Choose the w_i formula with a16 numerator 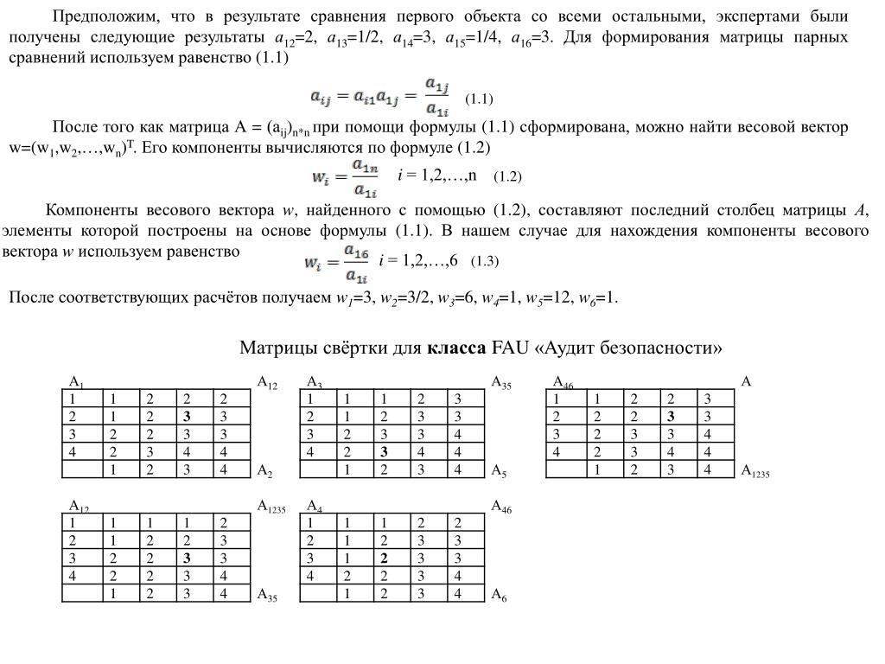point(339,261)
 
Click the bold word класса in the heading point(455,348)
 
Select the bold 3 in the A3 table point(383,452)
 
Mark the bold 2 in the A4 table point(383,559)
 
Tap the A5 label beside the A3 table point(499,471)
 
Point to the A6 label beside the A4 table point(499,595)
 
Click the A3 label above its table point(315,383)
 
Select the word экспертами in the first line point(756,16)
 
